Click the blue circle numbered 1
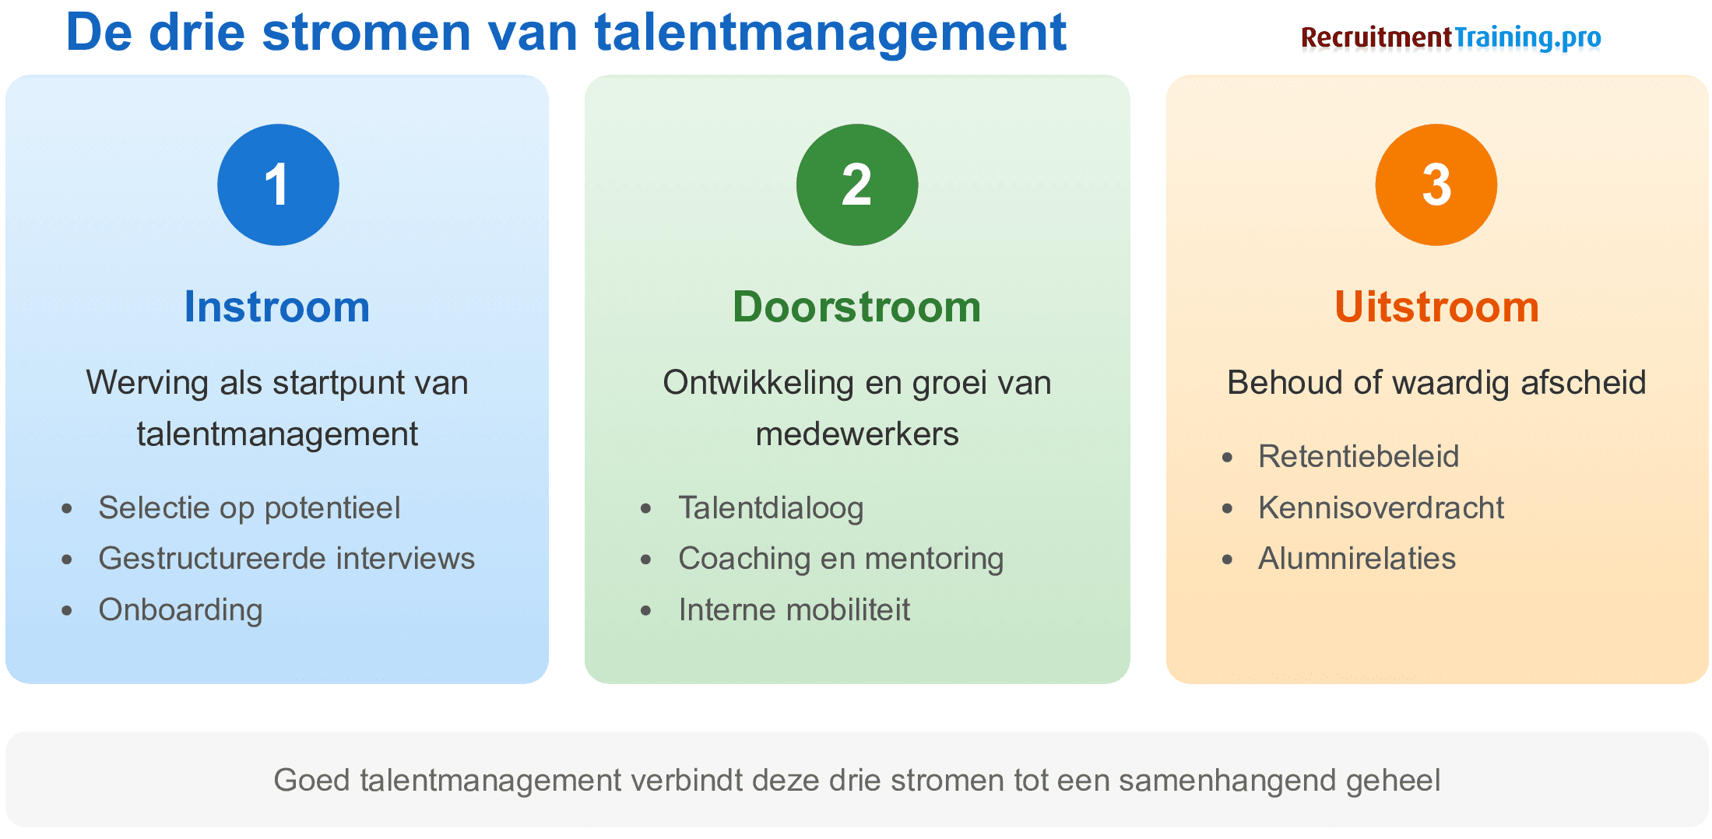click(x=278, y=184)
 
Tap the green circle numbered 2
click(x=856, y=184)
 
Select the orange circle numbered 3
click(x=1436, y=184)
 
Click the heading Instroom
click(x=277, y=307)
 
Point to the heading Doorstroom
click(x=856, y=307)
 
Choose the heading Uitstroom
click(x=1436, y=307)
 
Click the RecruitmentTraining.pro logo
click(x=1450, y=37)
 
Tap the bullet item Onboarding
click(x=181, y=609)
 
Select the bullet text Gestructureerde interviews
click(x=287, y=558)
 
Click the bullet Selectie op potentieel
click(x=249, y=507)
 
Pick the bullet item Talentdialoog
click(x=771, y=507)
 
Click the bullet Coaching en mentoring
click(x=841, y=558)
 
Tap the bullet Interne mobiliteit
click(x=794, y=609)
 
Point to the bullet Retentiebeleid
click(x=1359, y=456)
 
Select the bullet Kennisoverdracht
click(x=1381, y=507)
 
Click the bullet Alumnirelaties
click(x=1357, y=558)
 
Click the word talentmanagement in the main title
click(x=830, y=33)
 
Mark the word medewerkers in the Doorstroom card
click(x=856, y=434)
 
